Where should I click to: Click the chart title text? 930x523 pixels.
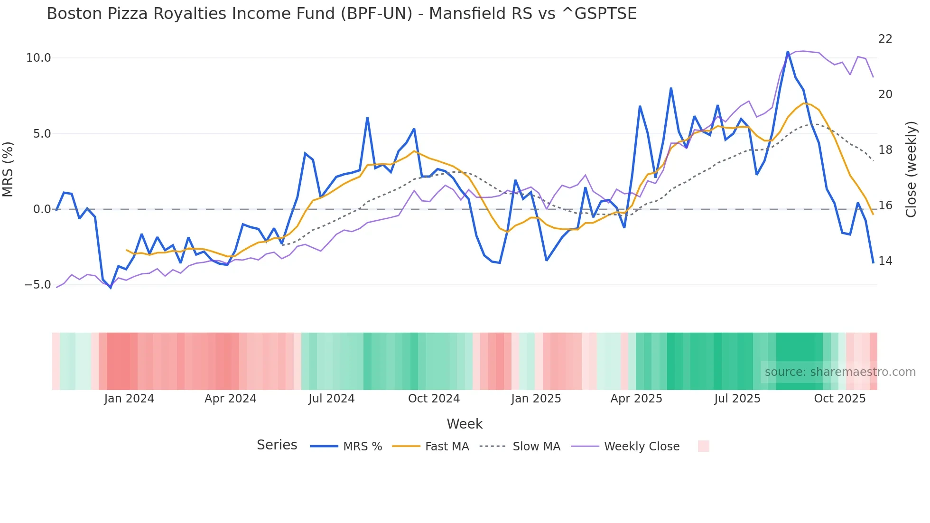(341, 14)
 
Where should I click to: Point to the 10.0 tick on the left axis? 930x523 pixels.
(38, 58)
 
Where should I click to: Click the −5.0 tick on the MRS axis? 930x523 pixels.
(37, 285)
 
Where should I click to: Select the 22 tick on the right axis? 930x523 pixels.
(885, 39)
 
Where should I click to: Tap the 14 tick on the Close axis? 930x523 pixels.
(885, 261)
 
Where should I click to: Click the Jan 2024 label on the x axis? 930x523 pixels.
(129, 399)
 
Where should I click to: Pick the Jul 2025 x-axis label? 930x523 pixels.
(737, 399)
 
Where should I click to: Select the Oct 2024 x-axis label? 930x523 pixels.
(434, 399)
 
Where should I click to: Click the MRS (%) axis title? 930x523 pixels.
(8, 169)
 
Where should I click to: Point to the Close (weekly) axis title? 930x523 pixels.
(911, 169)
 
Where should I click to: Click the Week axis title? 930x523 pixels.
(465, 424)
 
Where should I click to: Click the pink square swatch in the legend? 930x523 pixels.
(703, 446)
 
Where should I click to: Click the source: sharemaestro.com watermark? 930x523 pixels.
(840, 372)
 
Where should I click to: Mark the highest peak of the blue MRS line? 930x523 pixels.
(788, 52)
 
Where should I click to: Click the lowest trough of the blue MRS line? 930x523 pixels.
(111, 288)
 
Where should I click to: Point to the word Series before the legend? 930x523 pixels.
(277, 445)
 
